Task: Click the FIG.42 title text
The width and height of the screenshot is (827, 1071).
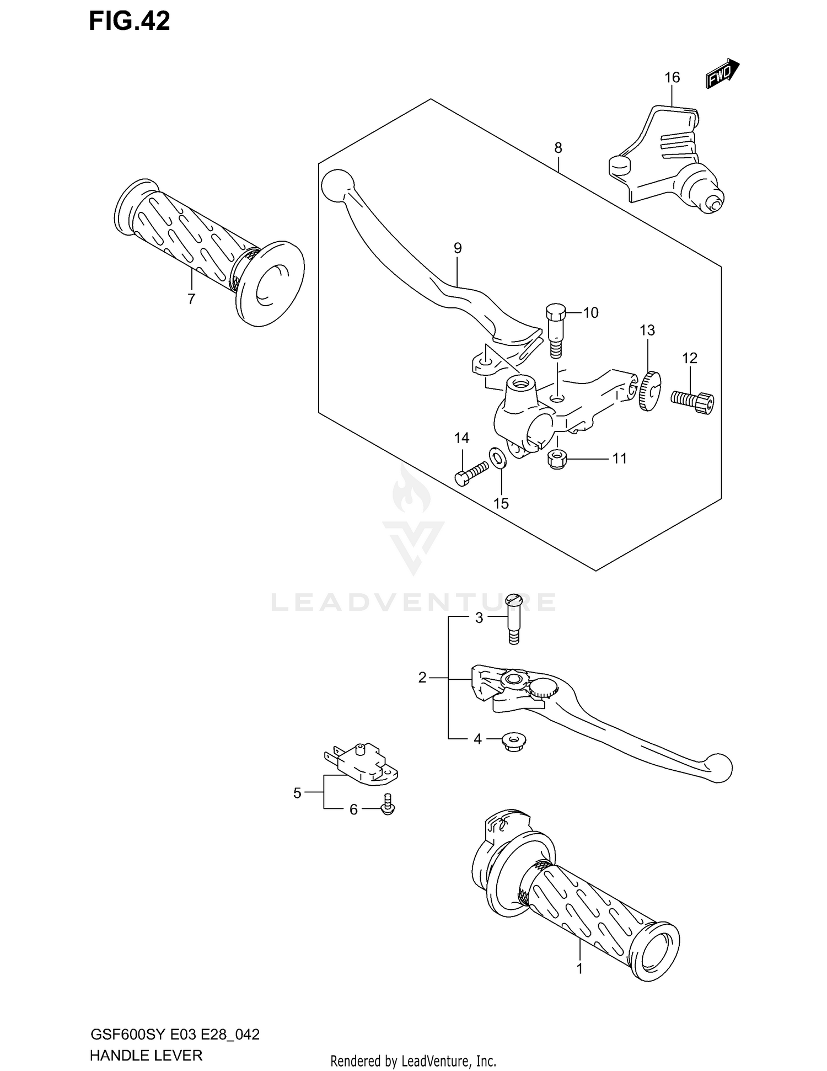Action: [x=130, y=21]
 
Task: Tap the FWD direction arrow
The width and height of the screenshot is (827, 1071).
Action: [x=722, y=74]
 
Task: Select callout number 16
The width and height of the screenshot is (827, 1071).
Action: [x=672, y=78]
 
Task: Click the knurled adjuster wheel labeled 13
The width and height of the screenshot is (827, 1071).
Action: [x=649, y=391]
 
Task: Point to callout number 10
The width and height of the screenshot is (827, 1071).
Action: [x=590, y=313]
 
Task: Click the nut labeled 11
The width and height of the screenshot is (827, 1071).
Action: [x=557, y=459]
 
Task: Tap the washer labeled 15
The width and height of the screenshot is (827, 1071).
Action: [x=498, y=457]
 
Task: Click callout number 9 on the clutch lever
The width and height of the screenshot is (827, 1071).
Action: [x=458, y=248]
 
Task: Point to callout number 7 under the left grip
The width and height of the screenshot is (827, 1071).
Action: [x=191, y=299]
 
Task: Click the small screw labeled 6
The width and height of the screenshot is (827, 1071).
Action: [x=388, y=806]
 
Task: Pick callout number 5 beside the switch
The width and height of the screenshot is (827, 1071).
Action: [x=298, y=793]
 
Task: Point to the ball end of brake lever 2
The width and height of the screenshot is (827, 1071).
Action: [x=720, y=768]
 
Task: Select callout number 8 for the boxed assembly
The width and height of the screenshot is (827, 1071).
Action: [x=558, y=148]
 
